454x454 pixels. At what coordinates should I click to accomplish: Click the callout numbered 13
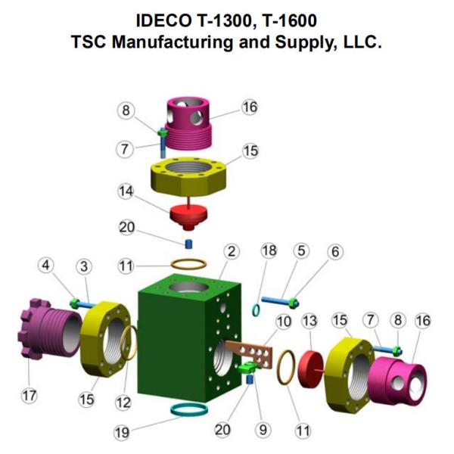pos(309,320)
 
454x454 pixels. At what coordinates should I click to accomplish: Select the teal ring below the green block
pos(190,411)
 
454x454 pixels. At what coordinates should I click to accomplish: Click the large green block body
pos(182,333)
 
